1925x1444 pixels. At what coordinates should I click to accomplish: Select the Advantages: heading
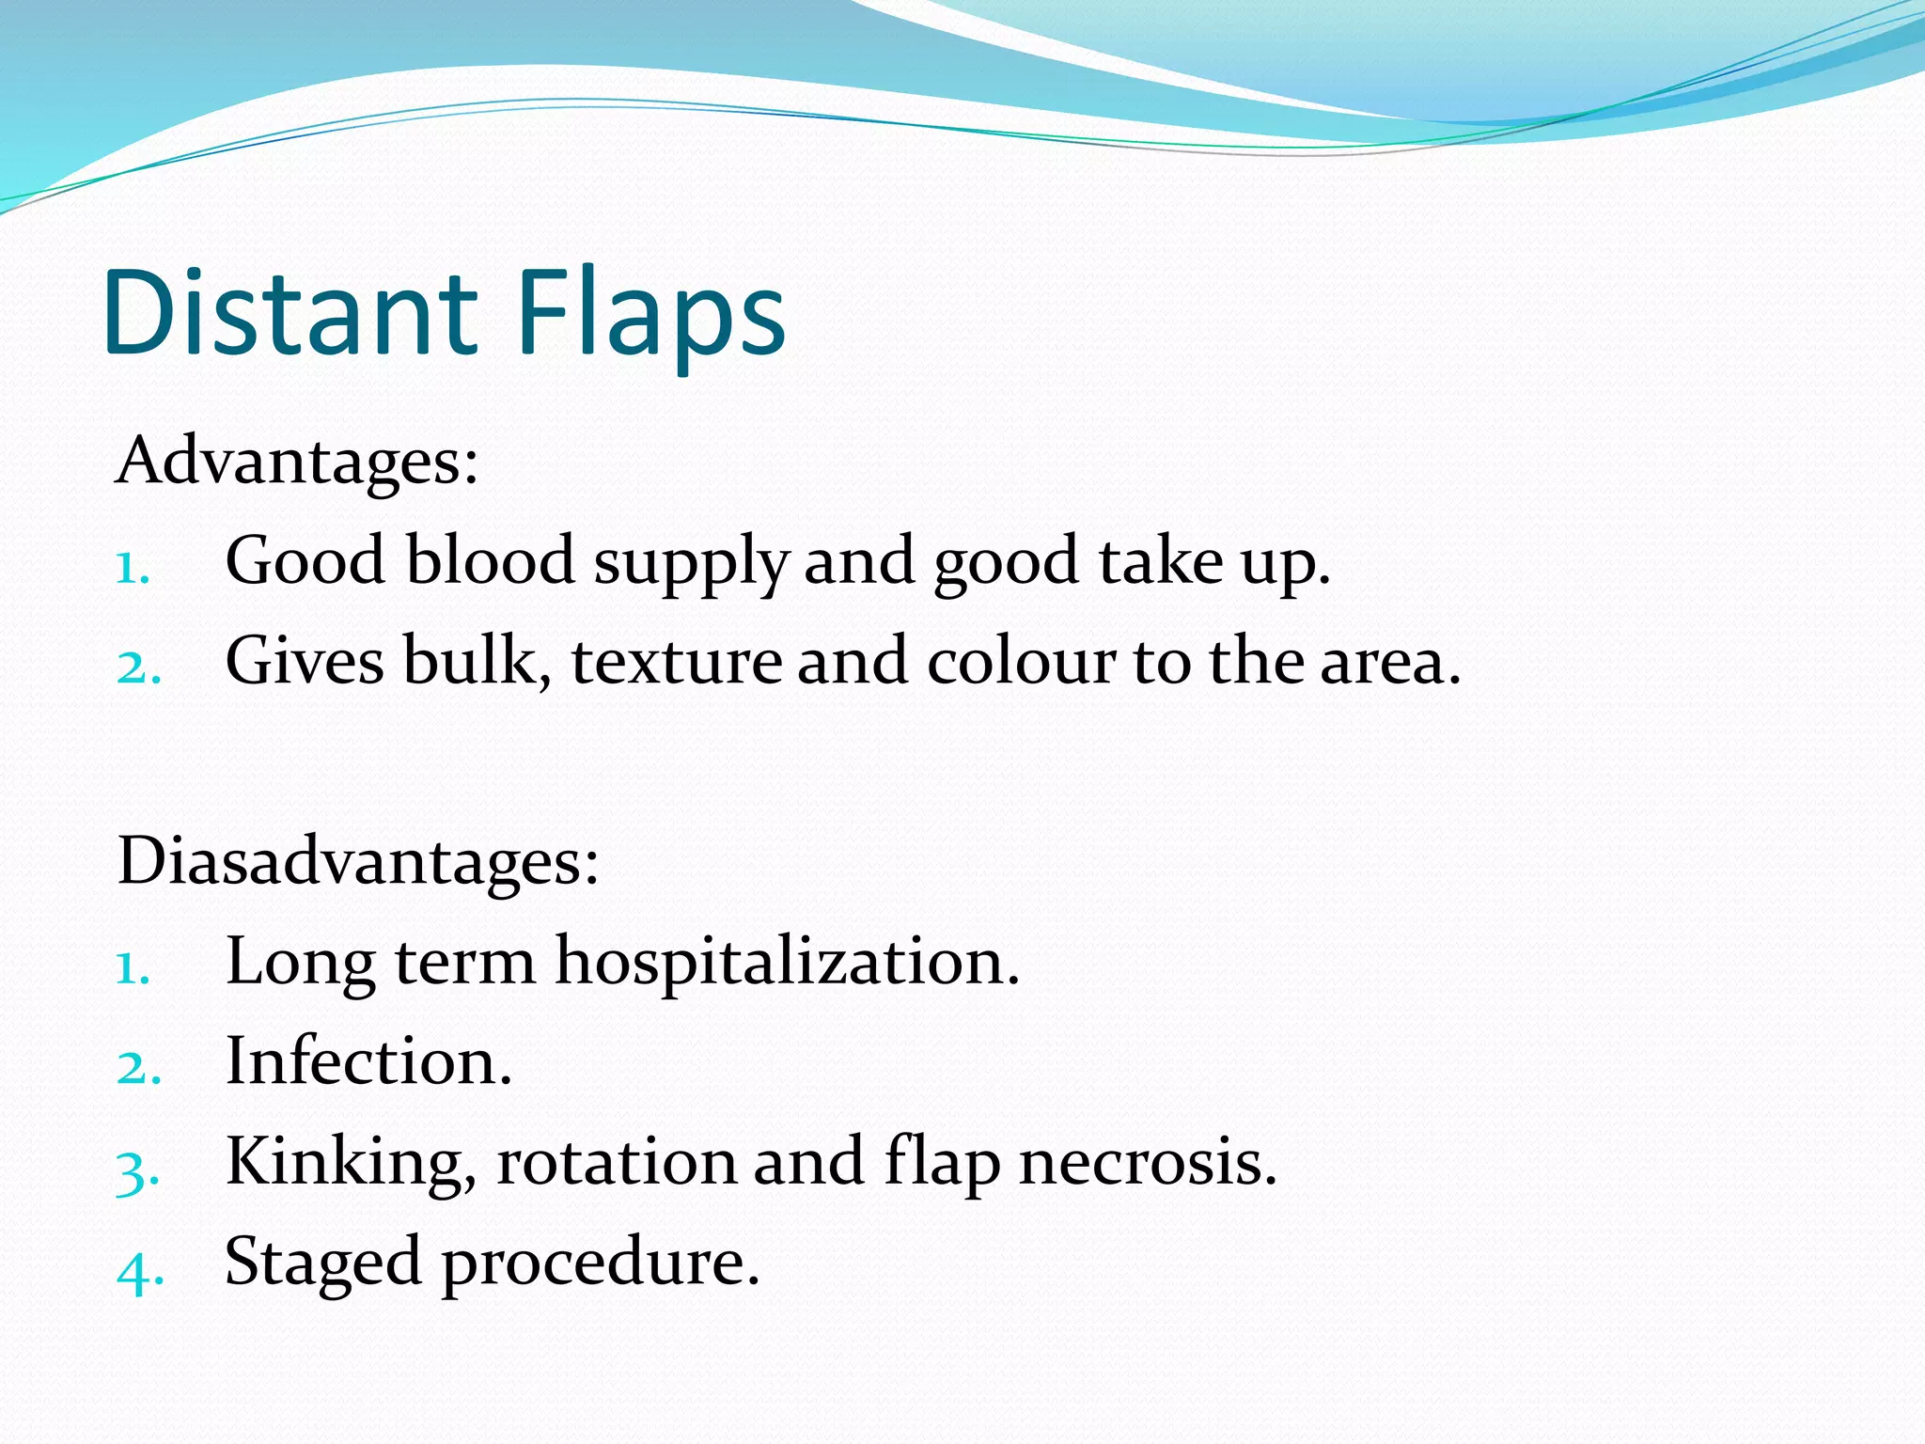tap(297, 462)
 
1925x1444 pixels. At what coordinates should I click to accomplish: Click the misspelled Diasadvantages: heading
tap(358, 861)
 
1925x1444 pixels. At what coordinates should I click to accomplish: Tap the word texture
tap(677, 661)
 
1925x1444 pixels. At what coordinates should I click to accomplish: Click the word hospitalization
tap(787, 962)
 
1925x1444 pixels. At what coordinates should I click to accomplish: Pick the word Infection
tap(368, 1062)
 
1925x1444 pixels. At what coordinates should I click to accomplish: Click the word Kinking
tap(351, 1163)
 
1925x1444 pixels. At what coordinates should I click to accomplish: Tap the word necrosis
tap(1148, 1162)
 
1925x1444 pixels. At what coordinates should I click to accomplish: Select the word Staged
tap(322, 1263)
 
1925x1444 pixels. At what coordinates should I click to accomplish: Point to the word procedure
tap(600, 1263)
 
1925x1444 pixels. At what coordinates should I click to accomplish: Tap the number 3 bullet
tap(137, 1171)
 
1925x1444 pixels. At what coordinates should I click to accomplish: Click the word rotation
tap(615, 1162)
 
